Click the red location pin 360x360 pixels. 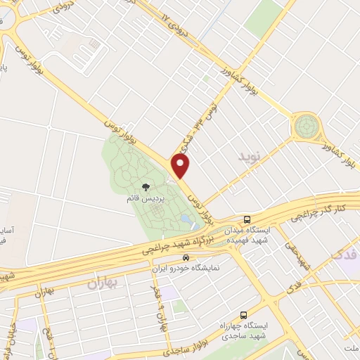pyautogui.click(x=181, y=167)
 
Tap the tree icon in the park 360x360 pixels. pyautogui.click(x=146, y=187)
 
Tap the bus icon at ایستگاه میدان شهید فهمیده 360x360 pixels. pyautogui.click(x=246, y=219)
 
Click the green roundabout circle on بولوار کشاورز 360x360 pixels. pyautogui.click(x=307, y=127)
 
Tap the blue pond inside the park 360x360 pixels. pyautogui.click(x=188, y=220)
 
